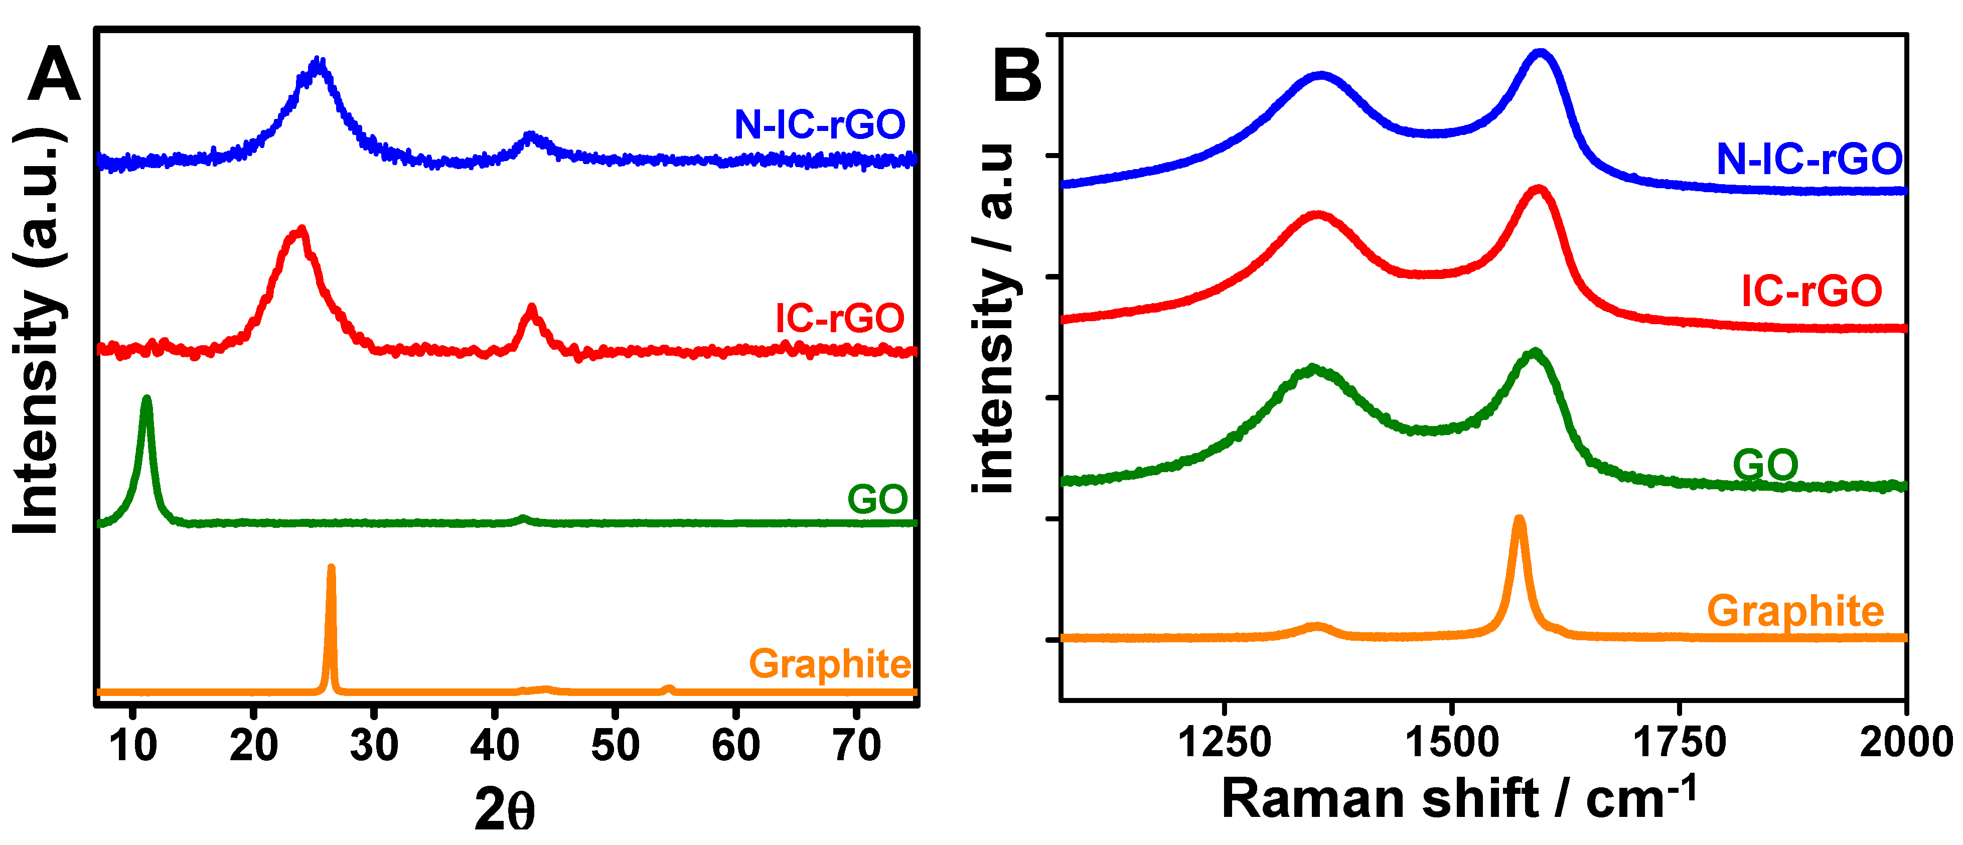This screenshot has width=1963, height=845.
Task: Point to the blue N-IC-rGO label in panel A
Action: click(x=819, y=125)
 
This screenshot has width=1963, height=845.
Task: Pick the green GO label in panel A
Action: click(x=877, y=500)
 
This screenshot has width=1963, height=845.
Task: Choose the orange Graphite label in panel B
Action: click(x=1795, y=611)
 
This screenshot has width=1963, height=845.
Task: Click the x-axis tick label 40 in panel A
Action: click(x=495, y=745)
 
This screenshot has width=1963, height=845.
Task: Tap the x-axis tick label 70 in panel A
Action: click(x=856, y=745)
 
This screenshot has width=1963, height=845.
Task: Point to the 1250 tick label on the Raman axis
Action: click(x=1225, y=742)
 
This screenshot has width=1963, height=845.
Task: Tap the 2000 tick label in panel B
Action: click(x=1905, y=742)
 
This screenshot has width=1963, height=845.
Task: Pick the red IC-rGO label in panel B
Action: click(x=1811, y=291)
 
